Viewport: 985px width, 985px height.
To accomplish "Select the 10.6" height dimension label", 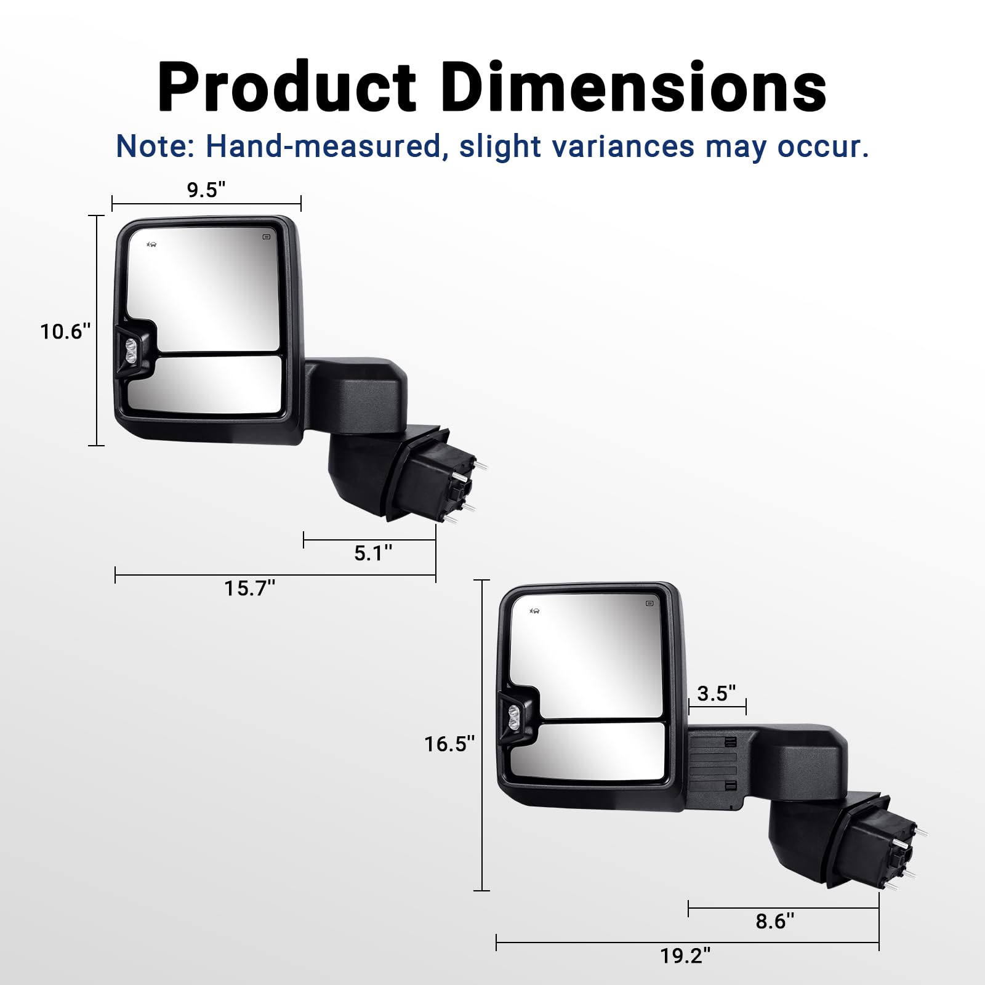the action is [x=65, y=332].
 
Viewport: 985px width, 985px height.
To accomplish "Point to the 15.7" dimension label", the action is [x=249, y=589].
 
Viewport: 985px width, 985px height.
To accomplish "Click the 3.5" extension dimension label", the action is [x=717, y=694].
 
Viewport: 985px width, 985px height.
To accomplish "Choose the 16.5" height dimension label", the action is [x=449, y=744].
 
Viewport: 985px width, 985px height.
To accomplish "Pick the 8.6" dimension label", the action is [x=775, y=921].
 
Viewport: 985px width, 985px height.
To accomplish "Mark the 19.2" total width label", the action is [x=685, y=956].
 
